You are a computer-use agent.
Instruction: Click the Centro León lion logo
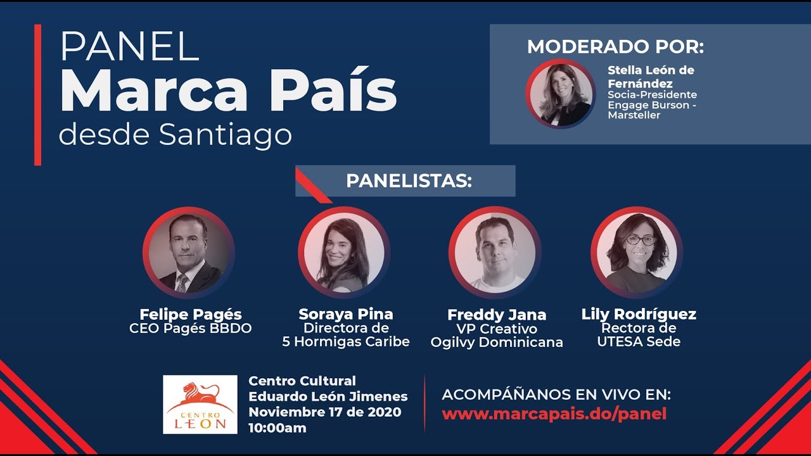tap(200, 404)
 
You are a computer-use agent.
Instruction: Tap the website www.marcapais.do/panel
tap(554, 414)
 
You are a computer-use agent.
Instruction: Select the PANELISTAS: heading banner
tap(405, 181)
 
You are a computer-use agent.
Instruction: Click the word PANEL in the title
tap(130, 46)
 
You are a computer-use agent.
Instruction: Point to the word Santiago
tap(225, 135)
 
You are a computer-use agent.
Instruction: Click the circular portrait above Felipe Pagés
tap(189, 253)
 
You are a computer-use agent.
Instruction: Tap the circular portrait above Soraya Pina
tap(344, 253)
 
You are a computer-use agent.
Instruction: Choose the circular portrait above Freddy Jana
tap(495, 253)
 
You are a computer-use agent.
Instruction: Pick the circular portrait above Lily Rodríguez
tap(637, 253)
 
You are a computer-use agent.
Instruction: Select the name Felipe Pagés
tap(191, 315)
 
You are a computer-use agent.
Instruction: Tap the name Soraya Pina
tap(346, 314)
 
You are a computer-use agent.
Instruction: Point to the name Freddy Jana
tap(497, 315)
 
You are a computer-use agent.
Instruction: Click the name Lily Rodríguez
tap(639, 314)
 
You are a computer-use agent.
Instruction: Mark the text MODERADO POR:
tap(615, 47)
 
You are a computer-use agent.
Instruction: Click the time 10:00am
tap(278, 428)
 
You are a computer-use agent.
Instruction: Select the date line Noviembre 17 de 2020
tap(325, 412)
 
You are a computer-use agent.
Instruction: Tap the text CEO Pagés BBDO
tap(191, 329)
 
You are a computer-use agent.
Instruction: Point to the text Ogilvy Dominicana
tap(497, 343)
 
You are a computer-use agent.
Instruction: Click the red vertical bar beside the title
tap(37, 95)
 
